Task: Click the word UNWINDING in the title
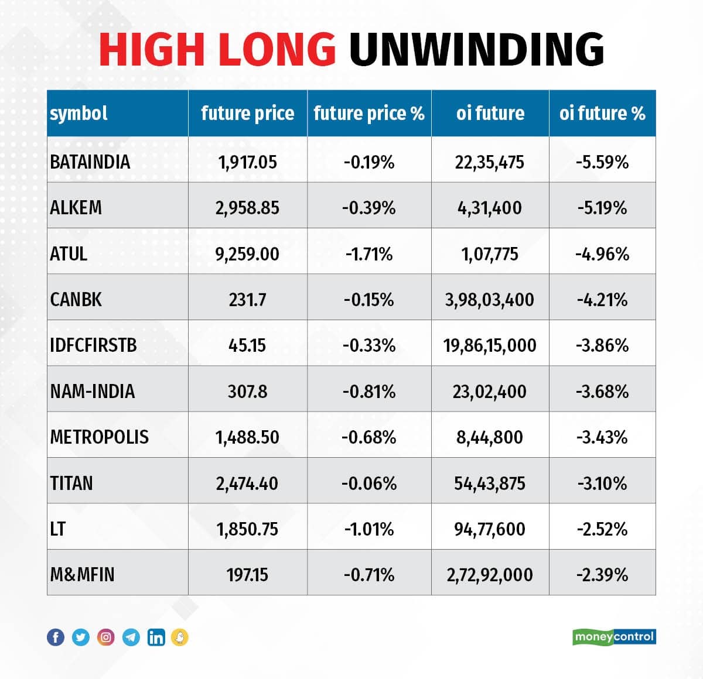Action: coord(476,49)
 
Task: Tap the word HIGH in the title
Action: coord(152,49)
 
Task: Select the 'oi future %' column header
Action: coord(602,113)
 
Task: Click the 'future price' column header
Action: coord(247,113)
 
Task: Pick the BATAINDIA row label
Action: coord(90,162)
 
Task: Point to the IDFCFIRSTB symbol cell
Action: coord(94,345)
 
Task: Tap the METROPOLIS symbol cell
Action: coord(100,437)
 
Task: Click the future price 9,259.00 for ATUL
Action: coord(247,254)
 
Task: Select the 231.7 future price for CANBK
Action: coord(247,300)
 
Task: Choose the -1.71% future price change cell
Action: coord(369,254)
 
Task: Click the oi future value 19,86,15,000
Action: coord(490,345)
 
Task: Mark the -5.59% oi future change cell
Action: coord(602,162)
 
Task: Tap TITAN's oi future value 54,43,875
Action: coord(490,483)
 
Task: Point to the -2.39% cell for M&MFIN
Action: coord(602,575)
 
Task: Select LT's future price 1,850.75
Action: coord(247,529)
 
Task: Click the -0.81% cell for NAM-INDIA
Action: coord(369,392)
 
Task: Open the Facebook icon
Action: coord(56,637)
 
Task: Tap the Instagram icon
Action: coord(106,637)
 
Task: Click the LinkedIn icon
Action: coord(156,637)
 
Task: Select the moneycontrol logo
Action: coord(614,636)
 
